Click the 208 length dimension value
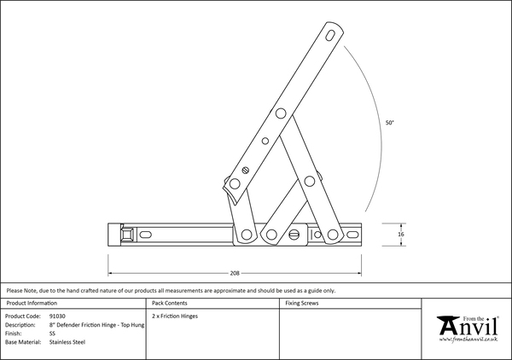[x=235, y=273]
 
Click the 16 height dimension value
[x=400, y=234]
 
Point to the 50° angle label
[x=389, y=124]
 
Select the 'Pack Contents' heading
[x=170, y=303]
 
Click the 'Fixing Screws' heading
[x=303, y=303]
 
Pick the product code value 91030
[x=58, y=316]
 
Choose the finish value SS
[x=53, y=333]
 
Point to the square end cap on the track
[x=126, y=234]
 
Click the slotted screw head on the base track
[x=295, y=234]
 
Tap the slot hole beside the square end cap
[x=147, y=234]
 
